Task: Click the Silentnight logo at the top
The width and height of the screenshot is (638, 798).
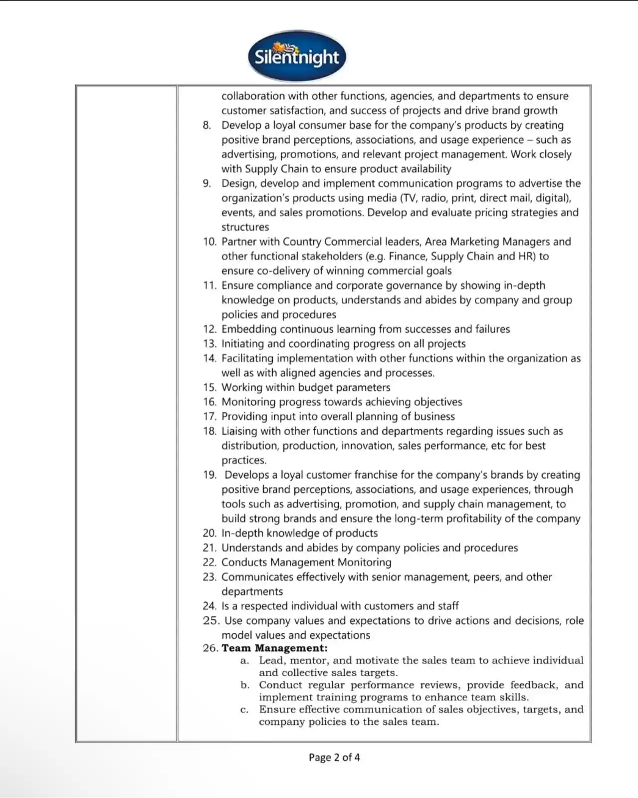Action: coord(297,56)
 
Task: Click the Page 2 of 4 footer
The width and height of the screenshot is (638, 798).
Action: coord(334,757)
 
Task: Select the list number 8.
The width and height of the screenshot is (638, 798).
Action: coord(207,125)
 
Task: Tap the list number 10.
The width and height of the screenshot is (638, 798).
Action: coord(210,242)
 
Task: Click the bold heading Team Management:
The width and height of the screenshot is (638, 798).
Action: coord(274,648)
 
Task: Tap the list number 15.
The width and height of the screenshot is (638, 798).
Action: coord(210,388)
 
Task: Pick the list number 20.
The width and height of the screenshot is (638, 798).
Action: coord(210,533)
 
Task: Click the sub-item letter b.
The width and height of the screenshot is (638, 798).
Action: coord(244,685)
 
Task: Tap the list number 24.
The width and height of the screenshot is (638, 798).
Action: coord(210,606)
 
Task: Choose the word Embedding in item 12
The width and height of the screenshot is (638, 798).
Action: coord(248,329)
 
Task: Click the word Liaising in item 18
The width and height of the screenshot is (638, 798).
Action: coord(242,431)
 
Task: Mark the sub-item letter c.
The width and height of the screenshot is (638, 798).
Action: coord(244,709)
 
